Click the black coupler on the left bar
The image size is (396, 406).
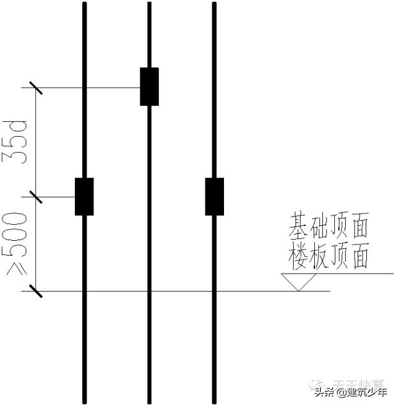click(84, 197)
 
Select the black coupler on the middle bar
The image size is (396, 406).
click(149, 87)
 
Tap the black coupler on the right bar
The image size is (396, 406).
click(214, 197)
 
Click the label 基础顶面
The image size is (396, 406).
click(329, 227)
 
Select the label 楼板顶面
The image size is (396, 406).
click(329, 256)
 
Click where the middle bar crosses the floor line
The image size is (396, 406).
click(149, 290)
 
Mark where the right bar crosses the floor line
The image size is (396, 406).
click(214, 290)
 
